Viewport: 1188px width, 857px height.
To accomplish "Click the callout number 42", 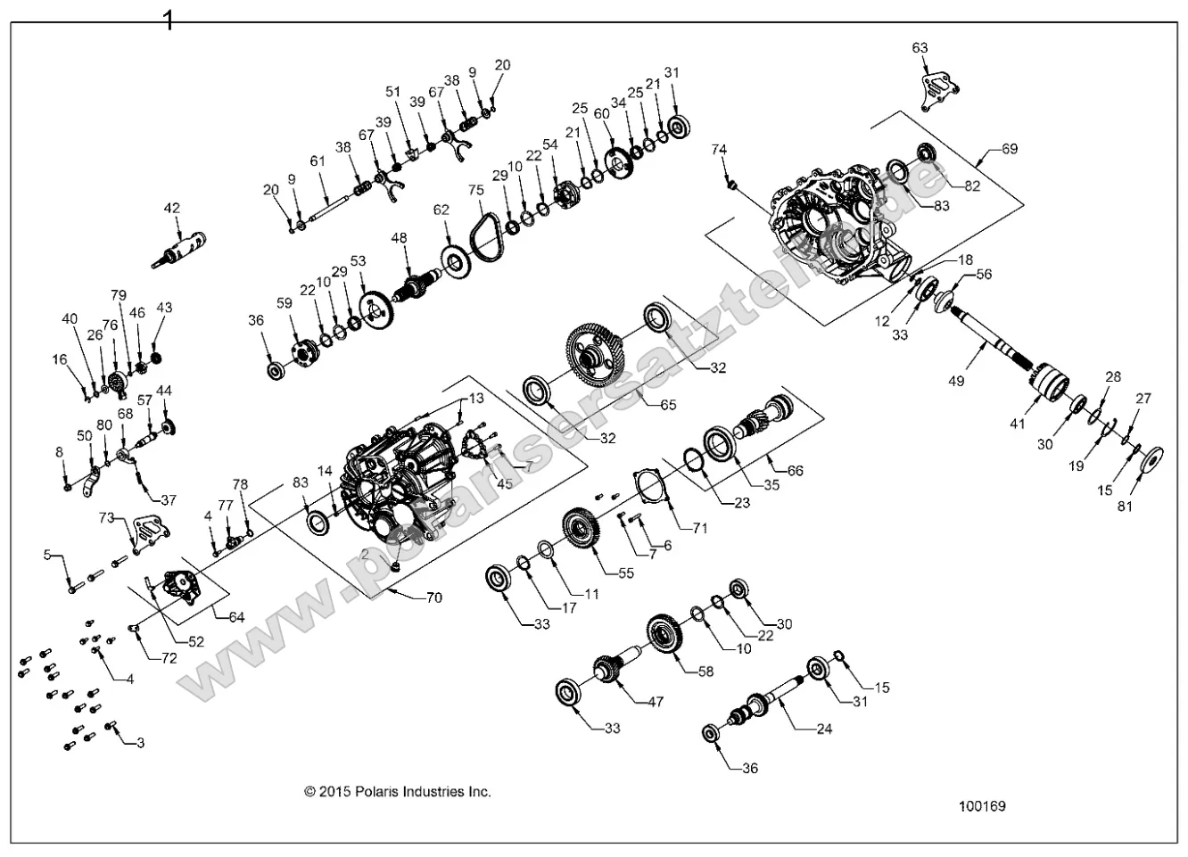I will [172, 209].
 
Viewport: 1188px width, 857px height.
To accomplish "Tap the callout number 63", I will [920, 47].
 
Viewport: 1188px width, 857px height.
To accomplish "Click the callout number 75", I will [475, 190].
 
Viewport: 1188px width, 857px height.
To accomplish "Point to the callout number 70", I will [433, 597].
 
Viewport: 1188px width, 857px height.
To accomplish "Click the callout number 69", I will [1009, 149].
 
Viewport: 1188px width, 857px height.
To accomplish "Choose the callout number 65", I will [668, 404].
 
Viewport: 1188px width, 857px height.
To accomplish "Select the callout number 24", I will [824, 729].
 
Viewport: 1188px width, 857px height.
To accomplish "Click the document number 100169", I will [982, 806].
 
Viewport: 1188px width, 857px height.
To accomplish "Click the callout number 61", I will [318, 161].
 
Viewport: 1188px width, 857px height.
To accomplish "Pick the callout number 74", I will [720, 150].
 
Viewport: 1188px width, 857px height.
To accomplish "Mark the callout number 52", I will [196, 641].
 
